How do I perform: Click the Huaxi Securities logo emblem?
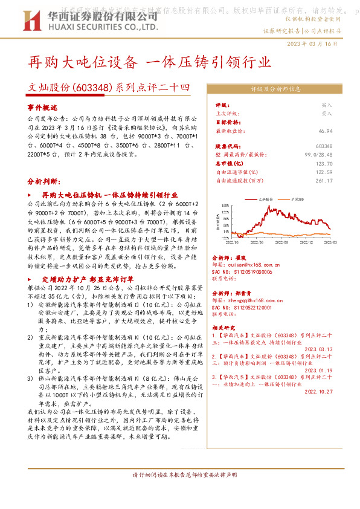pos(37,19)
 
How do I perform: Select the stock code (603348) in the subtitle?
pos(92,88)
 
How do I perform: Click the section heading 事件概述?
pos(41,106)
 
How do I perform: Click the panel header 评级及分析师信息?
pos(275,89)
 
